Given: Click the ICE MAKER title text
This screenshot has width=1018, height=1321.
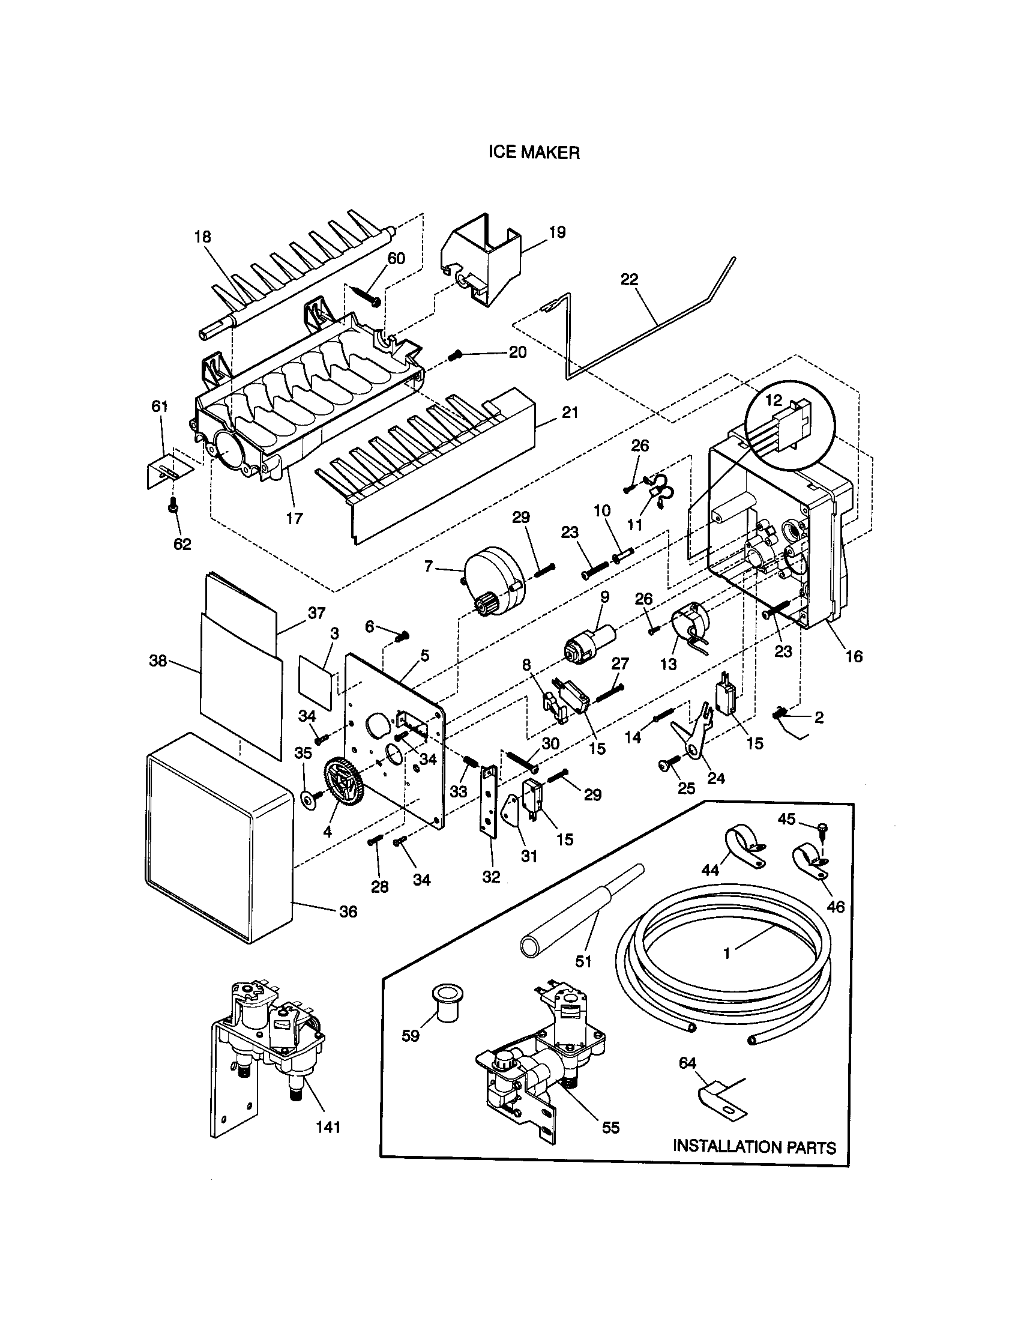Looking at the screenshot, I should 534,153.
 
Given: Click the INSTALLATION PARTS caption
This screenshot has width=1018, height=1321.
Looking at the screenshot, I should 754,1147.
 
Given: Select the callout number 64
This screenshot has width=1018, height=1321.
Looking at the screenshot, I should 687,1063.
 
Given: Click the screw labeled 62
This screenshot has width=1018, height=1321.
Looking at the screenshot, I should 173,504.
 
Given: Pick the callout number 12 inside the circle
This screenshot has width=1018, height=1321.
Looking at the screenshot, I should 773,400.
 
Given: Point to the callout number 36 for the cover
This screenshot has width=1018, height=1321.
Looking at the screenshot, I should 348,911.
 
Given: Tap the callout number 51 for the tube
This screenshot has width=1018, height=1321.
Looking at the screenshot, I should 583,961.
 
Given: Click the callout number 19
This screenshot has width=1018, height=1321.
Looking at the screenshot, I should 557,232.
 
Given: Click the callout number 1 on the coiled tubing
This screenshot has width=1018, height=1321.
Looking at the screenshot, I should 727,954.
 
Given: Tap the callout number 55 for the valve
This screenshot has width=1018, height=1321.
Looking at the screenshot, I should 610,1128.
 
